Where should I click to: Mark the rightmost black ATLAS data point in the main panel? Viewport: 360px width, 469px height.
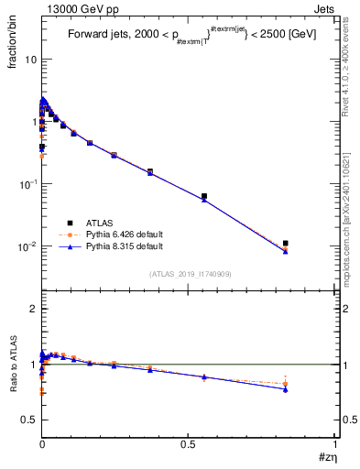click(x=286, y=244)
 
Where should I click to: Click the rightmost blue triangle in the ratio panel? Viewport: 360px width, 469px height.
click(x=286, y=389)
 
